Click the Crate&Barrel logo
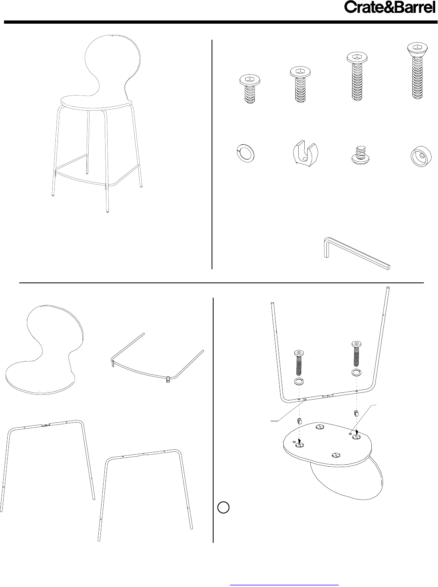(x=389, y=8)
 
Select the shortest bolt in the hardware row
(x=250, y=89)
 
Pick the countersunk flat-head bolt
(x=417, y=71)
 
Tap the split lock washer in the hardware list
(x=246, y=154)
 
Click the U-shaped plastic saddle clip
(x=305, y=154)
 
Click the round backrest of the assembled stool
(x=113, y=64)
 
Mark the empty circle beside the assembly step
(x=223, y=508)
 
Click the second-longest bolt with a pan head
(x=357, y=76)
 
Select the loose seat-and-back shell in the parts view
(x=45, y=350)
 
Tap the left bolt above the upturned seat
(x=299, y=363)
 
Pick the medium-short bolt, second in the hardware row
(x=300, y=85)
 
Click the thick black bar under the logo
(x=219, y=22)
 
